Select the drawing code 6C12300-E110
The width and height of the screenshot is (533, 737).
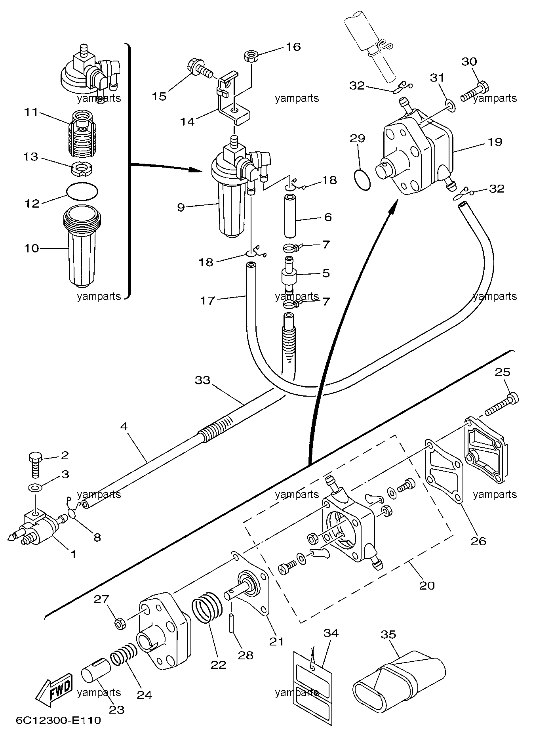pos(59,720)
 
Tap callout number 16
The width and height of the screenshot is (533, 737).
pos(293,47)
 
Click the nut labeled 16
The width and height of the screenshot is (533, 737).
pos(250,55)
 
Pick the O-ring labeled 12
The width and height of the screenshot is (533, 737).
pos(82,191)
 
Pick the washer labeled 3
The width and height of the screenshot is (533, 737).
pos(36,487)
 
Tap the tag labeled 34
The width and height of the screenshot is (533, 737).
pos(312,687)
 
